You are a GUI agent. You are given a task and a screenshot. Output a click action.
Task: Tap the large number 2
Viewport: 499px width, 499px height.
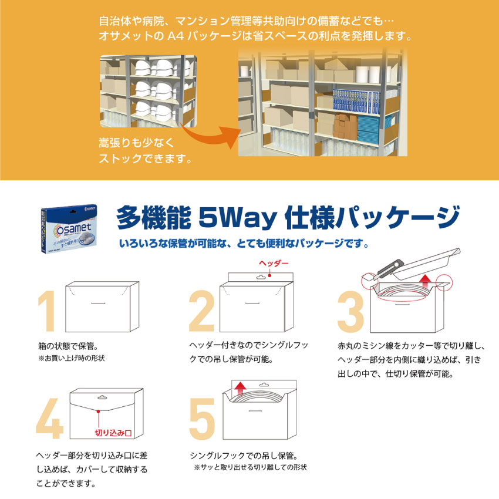point(201,311)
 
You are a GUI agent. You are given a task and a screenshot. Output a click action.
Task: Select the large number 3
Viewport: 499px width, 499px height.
point(350,312)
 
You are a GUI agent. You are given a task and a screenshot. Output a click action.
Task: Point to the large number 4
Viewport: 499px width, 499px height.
point(50,419)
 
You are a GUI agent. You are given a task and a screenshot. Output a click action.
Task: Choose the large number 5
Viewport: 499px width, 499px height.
point(202,419)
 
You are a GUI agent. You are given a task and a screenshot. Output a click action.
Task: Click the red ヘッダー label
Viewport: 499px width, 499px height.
point(274,263)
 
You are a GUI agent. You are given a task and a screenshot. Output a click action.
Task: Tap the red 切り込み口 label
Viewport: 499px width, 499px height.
point(113,433)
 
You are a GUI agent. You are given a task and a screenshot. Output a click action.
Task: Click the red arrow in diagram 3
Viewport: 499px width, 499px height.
point(425,281)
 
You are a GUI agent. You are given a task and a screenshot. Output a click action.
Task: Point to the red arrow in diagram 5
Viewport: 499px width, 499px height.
point(241,389)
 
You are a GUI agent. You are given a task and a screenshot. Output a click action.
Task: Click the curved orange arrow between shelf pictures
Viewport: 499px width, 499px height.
point(210,135)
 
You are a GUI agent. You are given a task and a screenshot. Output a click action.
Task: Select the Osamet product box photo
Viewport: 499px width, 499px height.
point(69,228)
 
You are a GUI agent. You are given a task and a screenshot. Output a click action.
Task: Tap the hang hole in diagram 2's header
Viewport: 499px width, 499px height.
point(261,277)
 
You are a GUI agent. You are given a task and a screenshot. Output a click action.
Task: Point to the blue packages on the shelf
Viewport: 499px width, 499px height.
point(356,102)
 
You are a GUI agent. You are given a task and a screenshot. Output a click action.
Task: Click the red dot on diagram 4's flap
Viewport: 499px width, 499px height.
point(99,412)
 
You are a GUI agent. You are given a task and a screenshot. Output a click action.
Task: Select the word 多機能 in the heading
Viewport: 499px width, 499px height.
point(154,218)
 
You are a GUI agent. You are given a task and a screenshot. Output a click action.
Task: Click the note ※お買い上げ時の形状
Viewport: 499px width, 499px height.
point(71,358)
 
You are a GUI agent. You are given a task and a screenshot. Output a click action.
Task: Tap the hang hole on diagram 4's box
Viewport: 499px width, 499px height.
point(102,397)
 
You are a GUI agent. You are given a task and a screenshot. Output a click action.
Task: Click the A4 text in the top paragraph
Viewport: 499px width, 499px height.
point(176,36)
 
